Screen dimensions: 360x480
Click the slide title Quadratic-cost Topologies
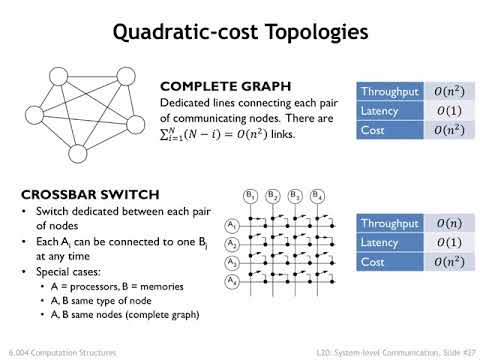pos(240,32)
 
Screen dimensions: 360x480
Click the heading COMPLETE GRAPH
pos(213,87)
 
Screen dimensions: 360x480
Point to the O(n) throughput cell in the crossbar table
pos(445,225)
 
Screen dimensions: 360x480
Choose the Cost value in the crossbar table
pos(445,263)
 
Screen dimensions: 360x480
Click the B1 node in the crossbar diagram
pos(251,195)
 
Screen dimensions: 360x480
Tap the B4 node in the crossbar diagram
pos(318,195)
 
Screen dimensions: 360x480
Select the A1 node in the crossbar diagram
pos(232,225)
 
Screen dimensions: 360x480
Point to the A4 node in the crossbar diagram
pos(232,283)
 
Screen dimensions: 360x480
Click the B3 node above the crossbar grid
pos(296,195)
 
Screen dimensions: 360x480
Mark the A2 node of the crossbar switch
pos(232,244)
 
